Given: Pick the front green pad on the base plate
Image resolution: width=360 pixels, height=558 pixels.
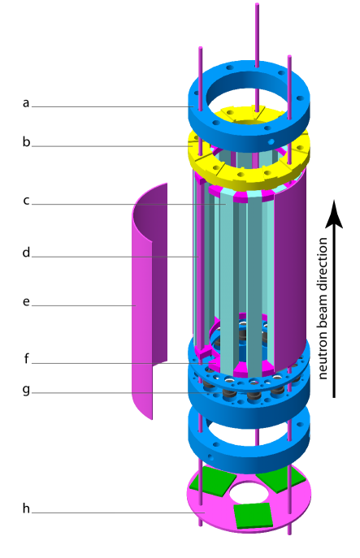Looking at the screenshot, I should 253,515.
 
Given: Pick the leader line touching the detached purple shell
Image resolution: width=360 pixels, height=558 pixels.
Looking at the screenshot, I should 81,305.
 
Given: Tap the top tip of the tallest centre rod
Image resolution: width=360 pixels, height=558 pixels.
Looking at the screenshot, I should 257,6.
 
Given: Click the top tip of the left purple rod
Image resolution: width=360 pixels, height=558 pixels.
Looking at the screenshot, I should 200,49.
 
